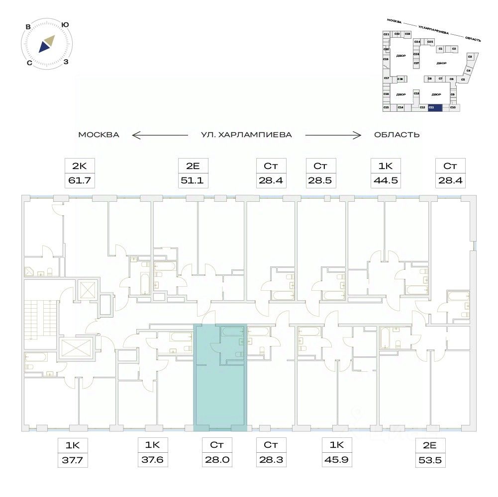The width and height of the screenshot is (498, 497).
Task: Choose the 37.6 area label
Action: coord(150,460)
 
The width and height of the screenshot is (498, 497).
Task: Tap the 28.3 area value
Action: coord(269,460)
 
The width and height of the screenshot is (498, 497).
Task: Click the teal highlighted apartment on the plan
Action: coord(219,393)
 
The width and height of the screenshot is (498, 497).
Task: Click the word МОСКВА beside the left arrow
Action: coord(99,135)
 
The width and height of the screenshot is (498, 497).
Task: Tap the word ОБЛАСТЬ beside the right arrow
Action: coord(396,135)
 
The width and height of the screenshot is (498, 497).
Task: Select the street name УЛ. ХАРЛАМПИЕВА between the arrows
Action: coord(246,135)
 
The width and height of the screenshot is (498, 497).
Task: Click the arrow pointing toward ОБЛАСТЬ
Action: coord(332,135)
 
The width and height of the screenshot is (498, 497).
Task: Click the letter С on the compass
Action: coord(30,63)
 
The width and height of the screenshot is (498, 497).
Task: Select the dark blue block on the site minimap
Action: coord(434,107)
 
